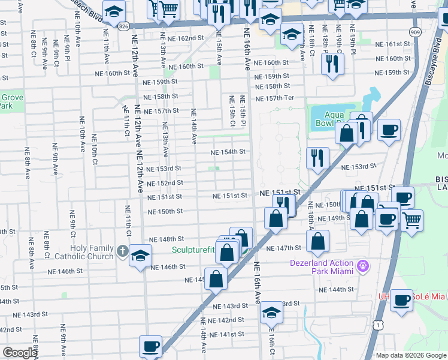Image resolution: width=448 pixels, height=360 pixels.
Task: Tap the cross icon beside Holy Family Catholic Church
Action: pyautogui.click(x=122, y=251)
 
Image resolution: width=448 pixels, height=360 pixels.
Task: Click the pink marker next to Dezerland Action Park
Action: pyautogui.click(x=362, y=265)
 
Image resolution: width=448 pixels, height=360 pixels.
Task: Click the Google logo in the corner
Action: pyautogui.click(x=20, y=353)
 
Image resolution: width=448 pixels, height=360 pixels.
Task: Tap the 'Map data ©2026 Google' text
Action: pyautogui.click(x=410, y=355)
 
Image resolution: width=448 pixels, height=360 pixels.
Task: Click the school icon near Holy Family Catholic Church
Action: pyautogui.click(x=140, y=256)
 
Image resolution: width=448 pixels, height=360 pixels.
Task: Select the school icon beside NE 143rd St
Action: pyautogui.click(x=271, y=313)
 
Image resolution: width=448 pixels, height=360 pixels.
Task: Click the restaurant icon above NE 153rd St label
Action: pyautogui.click(x=317, y=158)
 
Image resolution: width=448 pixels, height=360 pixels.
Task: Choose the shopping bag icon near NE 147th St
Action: pyautogui.click(x=318, y=241)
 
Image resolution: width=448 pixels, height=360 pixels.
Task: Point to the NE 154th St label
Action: pyautogui.click(x=228, y=152)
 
